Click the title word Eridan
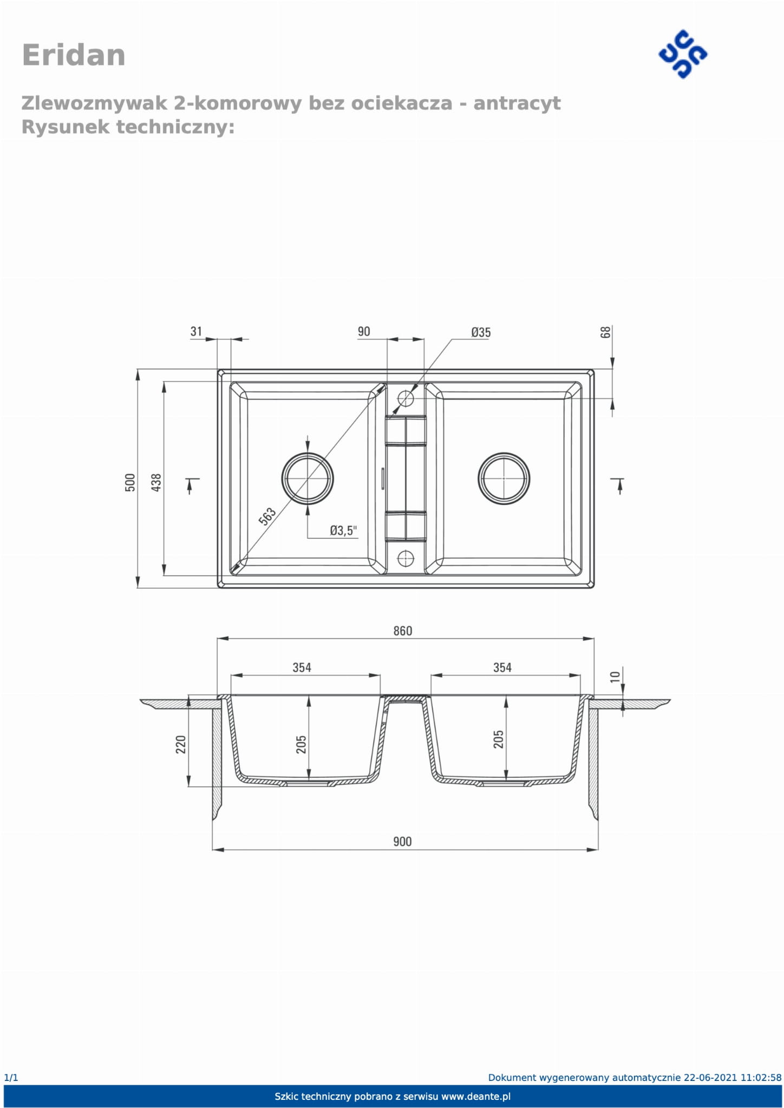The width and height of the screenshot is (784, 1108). coord(74,55)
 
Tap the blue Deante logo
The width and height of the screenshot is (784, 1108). coord(683,54)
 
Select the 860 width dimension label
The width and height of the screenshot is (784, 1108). coord(402,631)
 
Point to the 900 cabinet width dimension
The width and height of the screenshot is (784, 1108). coord(402,841)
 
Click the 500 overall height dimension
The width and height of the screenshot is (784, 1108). coord(130,482)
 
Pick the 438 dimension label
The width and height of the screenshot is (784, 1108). coord(156,482)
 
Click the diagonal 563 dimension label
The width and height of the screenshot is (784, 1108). coord(267,516)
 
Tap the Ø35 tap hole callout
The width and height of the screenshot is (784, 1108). coord(481,332)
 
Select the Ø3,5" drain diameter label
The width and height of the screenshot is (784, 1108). coord(344,530)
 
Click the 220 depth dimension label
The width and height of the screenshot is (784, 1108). coord(181,744)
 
